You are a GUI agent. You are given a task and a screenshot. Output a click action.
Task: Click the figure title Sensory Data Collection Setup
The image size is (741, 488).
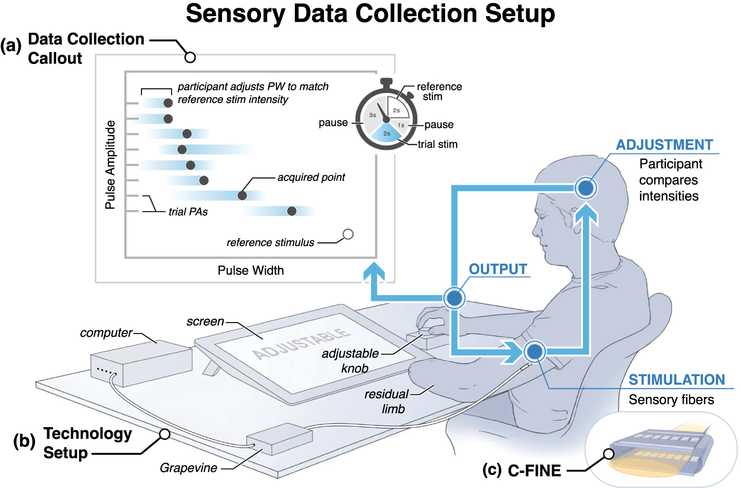point(370,14)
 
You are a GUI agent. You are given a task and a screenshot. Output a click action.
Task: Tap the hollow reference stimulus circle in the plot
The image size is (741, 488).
point(348,234)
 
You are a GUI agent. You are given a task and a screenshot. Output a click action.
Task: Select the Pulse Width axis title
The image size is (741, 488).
point(251,271)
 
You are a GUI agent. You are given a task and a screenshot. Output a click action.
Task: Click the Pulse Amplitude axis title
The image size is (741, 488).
point(110,165)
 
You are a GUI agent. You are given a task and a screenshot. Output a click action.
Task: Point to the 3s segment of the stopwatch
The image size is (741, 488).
point(372,115)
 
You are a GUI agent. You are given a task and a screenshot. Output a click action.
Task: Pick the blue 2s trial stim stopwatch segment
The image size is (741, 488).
point(387,134)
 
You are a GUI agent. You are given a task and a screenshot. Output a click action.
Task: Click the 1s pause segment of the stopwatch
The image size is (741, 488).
point(401,125)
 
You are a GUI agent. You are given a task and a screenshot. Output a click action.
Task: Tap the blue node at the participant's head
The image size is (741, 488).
point(586,188)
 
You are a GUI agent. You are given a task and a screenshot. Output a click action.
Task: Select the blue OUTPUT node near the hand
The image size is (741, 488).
point(454,298)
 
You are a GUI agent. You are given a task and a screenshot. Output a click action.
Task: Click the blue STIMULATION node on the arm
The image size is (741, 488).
point(534,352)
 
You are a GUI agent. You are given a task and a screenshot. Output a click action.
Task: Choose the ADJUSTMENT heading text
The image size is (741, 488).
point(664,145)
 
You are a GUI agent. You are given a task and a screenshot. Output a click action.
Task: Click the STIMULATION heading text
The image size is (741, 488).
point(677,380)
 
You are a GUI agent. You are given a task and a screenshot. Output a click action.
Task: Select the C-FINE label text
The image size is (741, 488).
point(534,471)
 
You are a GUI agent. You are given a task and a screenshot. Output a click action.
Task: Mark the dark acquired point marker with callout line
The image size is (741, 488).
point(242,196)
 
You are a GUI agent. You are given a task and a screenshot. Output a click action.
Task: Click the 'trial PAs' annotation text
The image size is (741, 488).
point(188,212)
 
